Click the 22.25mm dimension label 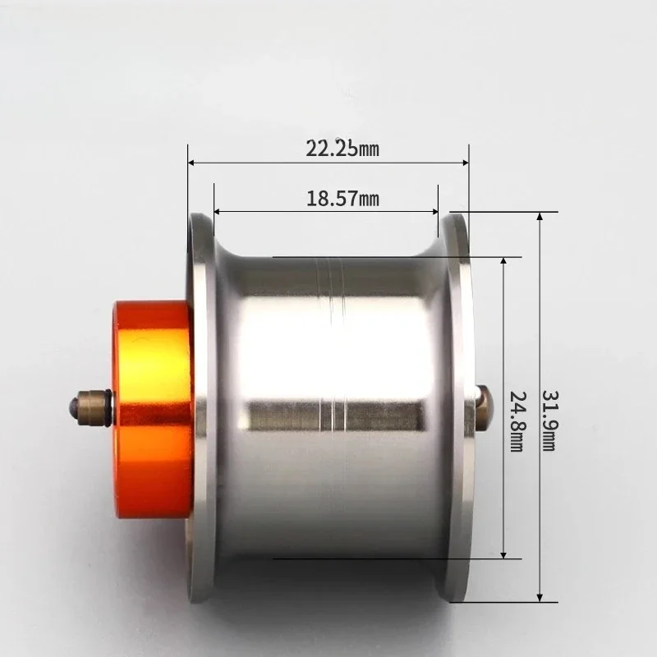pyautogui.click(x=342, y=149)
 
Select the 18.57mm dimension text pyautogui.click(x=342, y=198)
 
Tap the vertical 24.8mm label pyautogui.click(x=517, y=421)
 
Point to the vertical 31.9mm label pyautogui.click(x=549, y=420)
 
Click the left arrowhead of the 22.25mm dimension pyautogui.click(x=192, y=163)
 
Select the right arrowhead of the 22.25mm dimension pyautogui.click(x=465, y=163)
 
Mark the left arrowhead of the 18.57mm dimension pyautogui.click(x=218, y=212)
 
